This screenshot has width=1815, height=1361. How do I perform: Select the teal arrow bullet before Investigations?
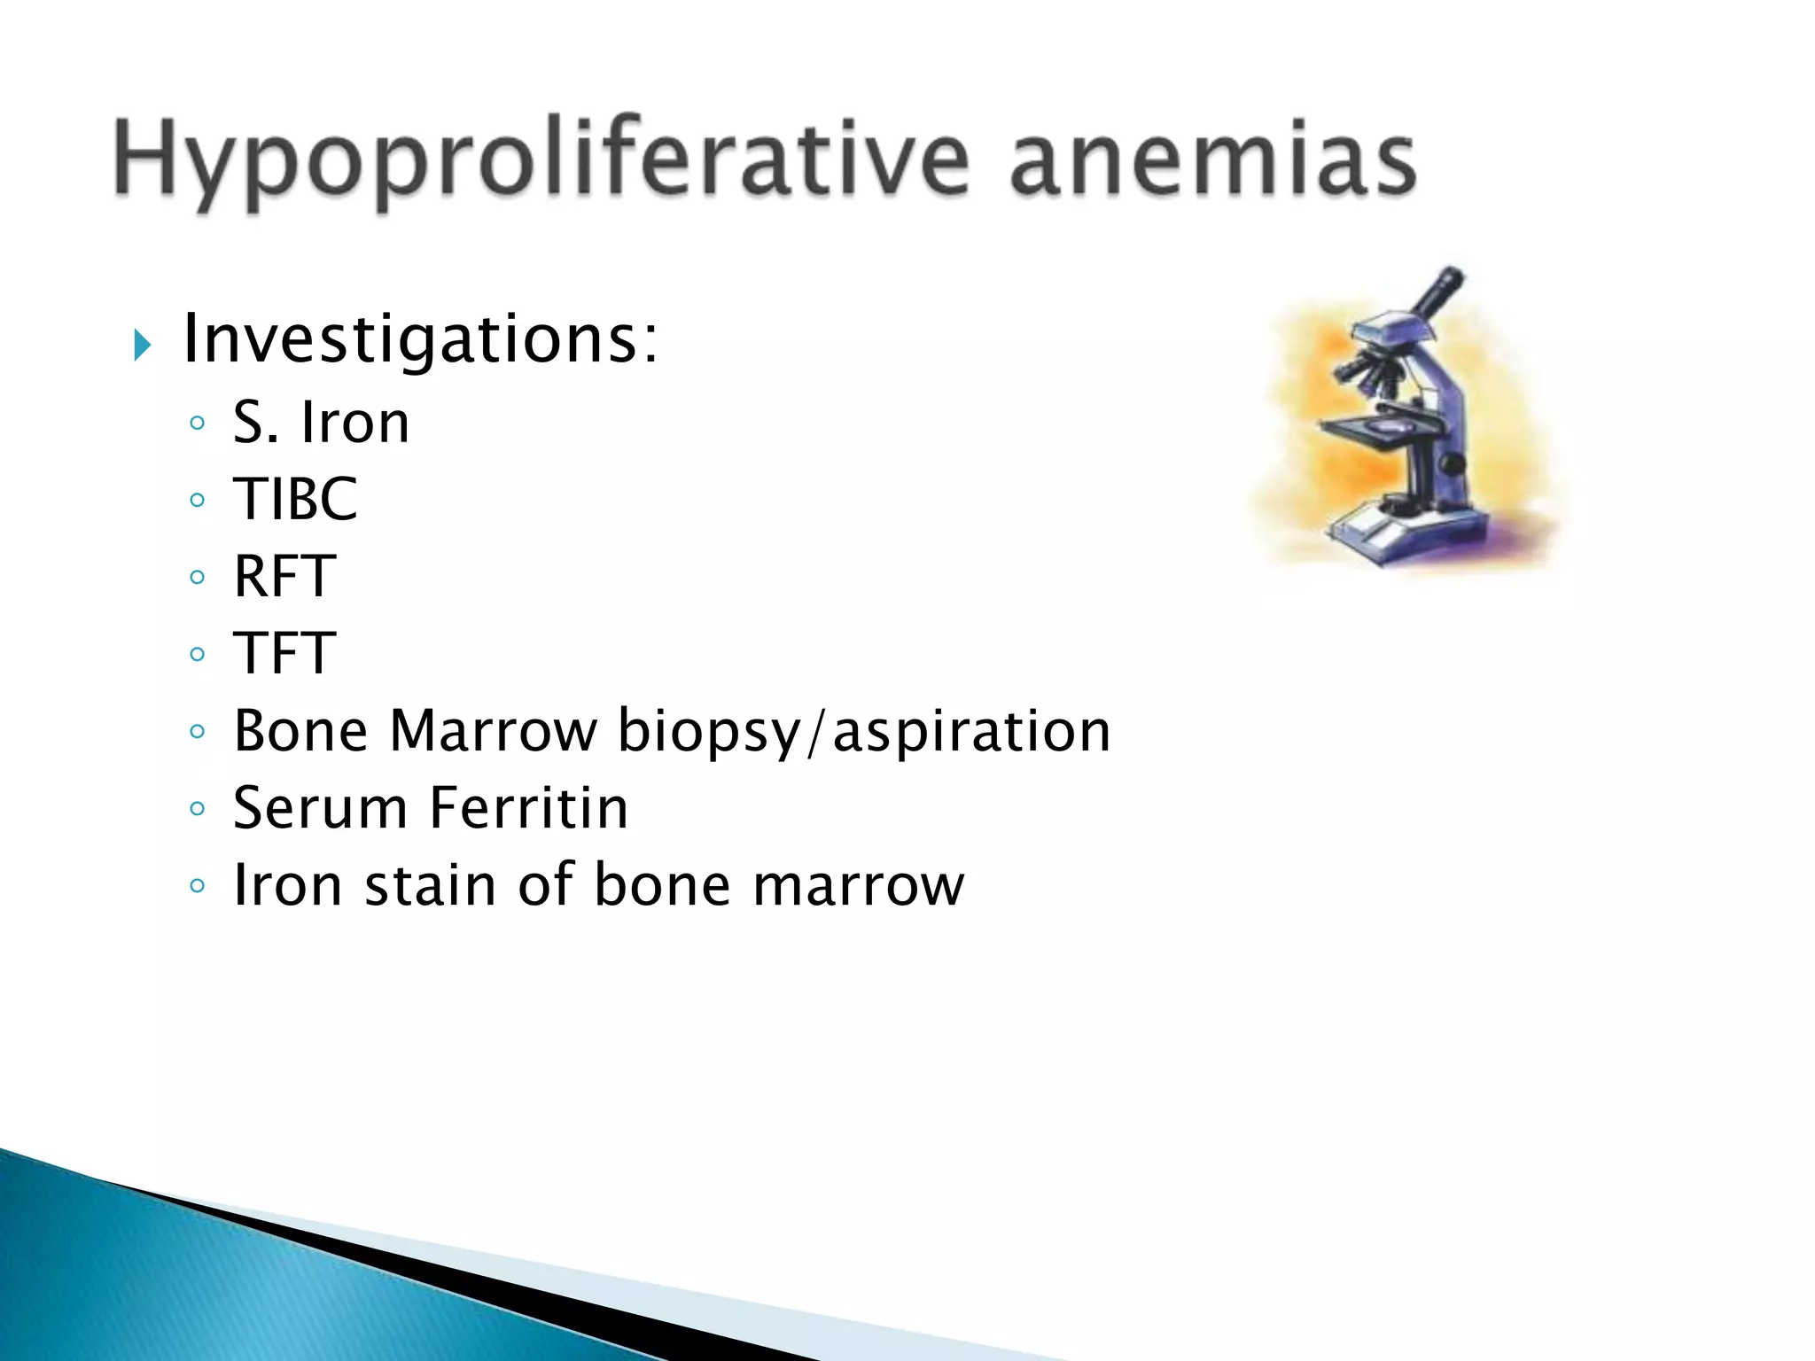pos(142,345)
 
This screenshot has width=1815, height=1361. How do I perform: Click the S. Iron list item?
pos(321,422)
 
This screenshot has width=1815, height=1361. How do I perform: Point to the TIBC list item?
pos(295,499)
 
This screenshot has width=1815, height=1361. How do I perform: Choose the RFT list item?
pos(284,576)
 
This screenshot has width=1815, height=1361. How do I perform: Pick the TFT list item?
pos(284,653)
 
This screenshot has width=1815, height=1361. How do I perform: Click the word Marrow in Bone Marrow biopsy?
pos(494,731)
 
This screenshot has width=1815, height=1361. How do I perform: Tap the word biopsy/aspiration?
pos(864,733)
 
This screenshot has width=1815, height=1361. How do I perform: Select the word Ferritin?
pos(529,808)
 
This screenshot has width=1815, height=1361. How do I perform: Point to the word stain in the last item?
pos(431,885)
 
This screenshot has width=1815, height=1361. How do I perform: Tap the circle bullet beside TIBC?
pos(198,501)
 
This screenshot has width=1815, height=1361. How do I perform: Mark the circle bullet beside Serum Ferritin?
pos(198,809)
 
